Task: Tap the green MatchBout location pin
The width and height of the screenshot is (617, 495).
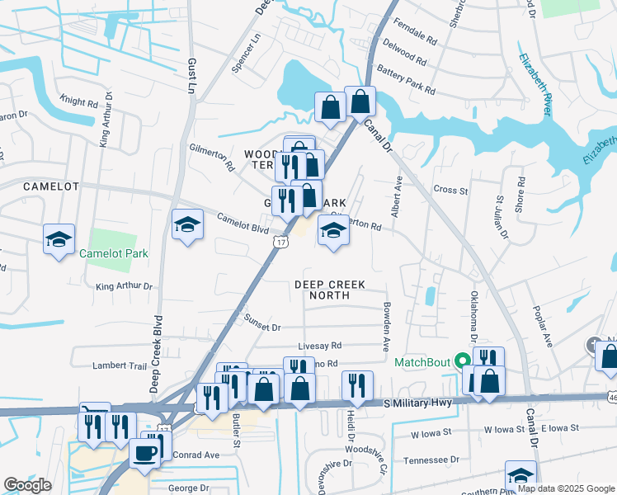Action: point(462,360)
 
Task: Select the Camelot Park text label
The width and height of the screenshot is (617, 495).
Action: point(114,253)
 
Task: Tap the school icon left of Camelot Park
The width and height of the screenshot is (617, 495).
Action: point(59,239)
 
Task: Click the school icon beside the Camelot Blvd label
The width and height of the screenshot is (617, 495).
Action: point(187,224)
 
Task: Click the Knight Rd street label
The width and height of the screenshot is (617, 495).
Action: point(79,101)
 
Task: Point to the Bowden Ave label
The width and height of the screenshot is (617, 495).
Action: point(386,327)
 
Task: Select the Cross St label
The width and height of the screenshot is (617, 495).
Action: point(450,190)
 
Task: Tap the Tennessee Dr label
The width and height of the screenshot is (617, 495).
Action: point(431,460)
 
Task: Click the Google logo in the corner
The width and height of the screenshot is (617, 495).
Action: point(28,485)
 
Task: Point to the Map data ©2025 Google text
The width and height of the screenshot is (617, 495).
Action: point(565,488)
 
